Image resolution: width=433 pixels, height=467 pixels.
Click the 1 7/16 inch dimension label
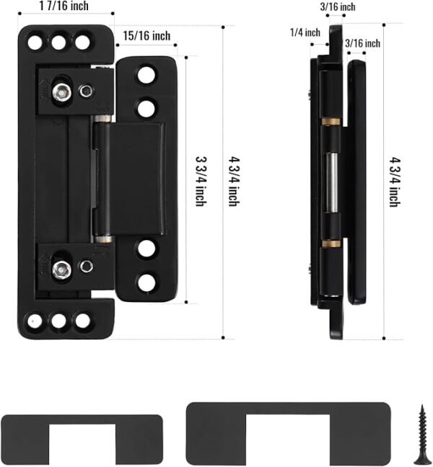coord(66,6)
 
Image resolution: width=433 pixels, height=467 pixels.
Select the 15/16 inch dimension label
coord(146,35)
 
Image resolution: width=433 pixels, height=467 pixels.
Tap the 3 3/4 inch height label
coord(202,179)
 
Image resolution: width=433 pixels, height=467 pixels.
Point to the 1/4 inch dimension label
coord(305,32)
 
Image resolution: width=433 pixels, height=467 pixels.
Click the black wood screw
coord(420,432)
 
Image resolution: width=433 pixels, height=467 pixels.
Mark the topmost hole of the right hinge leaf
coord(147,74)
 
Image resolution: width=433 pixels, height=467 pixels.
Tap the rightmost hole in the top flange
coord(83,42)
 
